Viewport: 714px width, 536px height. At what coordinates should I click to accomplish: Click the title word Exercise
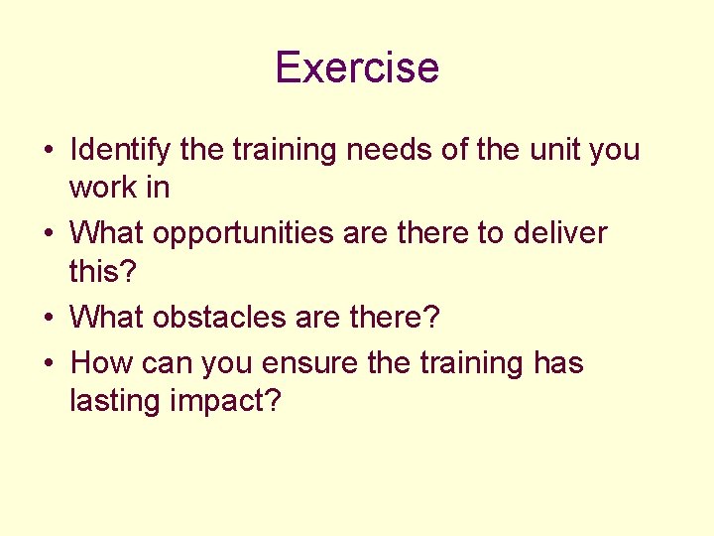tap(357, 67)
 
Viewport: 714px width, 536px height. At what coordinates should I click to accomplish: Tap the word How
tap(102, 364)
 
